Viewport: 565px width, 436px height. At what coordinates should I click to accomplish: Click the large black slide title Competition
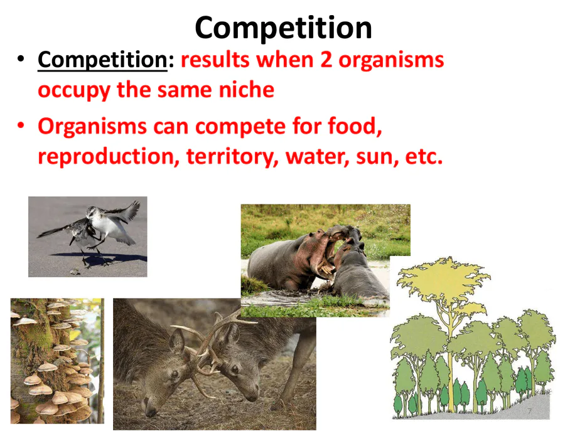point(283,29)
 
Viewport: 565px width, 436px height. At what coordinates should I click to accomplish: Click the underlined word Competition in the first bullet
point(102,60)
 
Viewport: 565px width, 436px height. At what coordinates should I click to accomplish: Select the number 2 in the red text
point(326,60)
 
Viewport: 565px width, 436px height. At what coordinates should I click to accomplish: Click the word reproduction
point(109,157)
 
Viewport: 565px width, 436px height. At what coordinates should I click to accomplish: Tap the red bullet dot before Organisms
point(21,125)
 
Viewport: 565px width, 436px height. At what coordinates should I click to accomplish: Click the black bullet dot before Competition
point(21,59)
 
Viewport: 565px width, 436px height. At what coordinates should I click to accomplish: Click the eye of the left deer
point(175,374)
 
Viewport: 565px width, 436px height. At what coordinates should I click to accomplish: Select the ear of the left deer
point(177,340)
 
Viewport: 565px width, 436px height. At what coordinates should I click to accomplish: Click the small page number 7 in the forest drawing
point(529,411)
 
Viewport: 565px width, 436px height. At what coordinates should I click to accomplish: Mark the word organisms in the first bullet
point(391,60)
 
